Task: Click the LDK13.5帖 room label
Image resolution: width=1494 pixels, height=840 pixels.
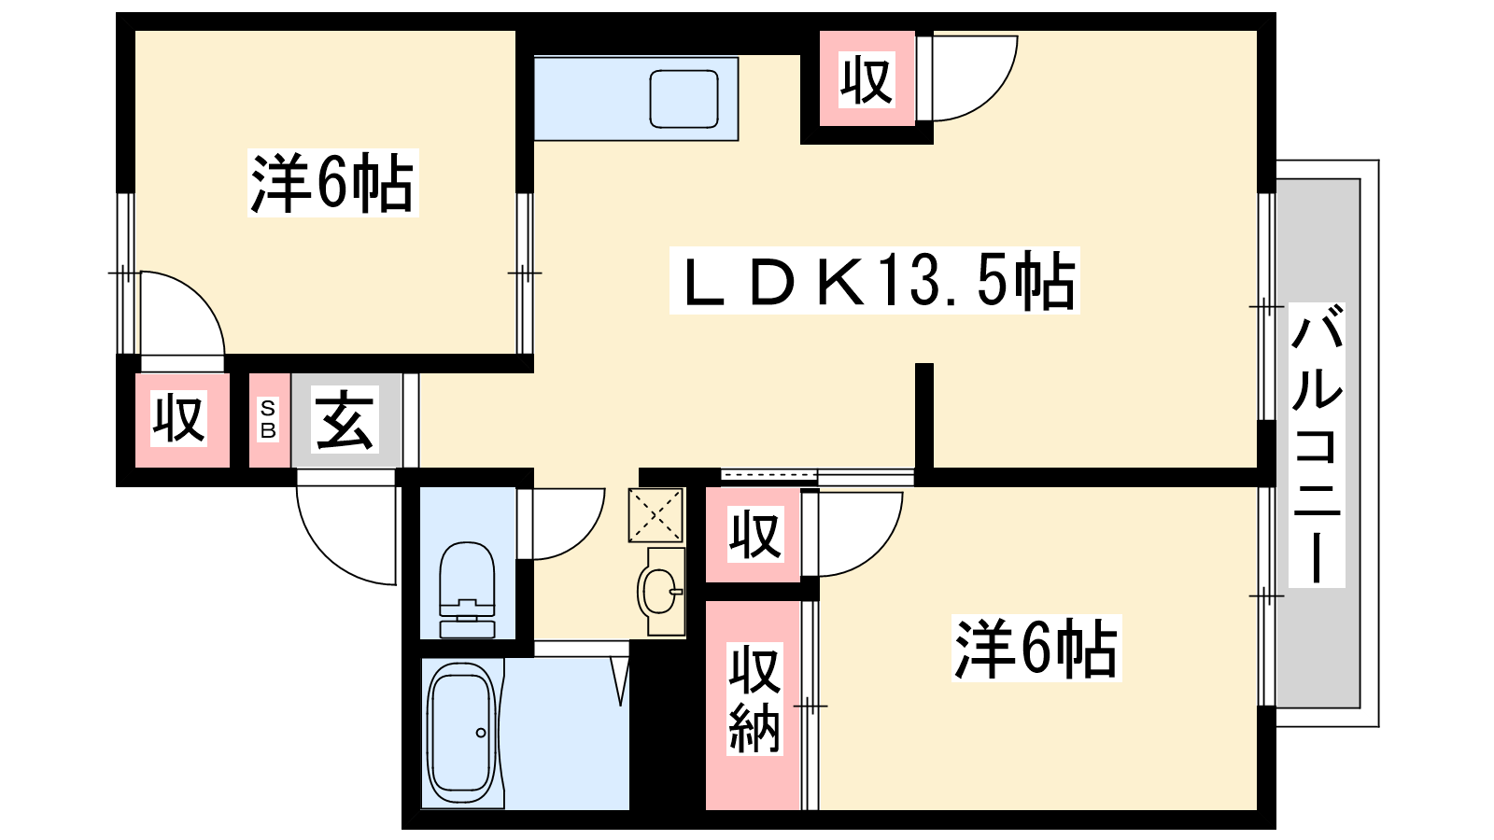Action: pos(874,281)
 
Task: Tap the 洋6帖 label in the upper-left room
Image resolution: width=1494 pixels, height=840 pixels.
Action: pos(332,183)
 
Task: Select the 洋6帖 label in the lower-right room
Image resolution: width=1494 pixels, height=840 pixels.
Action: pos(1036,648)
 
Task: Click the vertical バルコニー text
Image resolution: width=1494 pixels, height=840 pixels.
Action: pos(1317,444)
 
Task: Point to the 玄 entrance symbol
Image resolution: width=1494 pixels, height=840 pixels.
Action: pos(345,419)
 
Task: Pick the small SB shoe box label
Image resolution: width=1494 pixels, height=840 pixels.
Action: pos(268,420)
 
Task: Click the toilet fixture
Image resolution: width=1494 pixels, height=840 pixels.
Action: pos(467,590)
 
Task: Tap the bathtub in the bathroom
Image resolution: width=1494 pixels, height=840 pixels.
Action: pos(462,733)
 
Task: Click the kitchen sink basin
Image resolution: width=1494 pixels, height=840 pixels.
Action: pos(684,99)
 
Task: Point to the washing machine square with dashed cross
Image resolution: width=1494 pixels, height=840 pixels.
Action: pos(655,514)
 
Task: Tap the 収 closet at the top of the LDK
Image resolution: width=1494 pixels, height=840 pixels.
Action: pos(867,80)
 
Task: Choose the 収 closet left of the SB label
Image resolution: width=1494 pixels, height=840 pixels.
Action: pos(178,419)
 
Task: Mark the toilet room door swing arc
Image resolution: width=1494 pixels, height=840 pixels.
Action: pos(583,540)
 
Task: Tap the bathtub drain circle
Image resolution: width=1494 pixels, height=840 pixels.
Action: pos(481,733)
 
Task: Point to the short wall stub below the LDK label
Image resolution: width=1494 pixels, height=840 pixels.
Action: pos(923,416)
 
